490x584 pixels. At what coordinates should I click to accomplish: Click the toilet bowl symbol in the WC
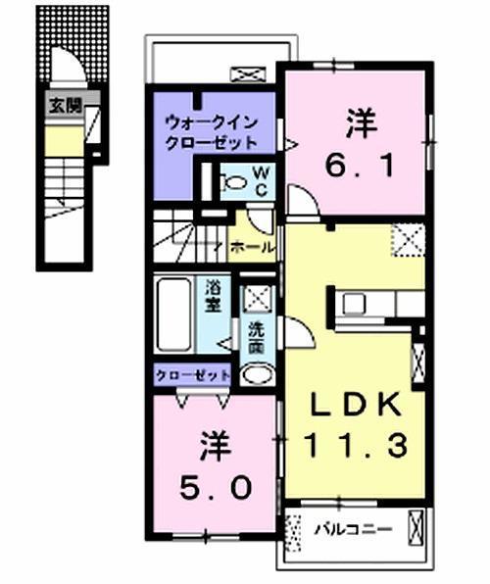(x=235, y=181)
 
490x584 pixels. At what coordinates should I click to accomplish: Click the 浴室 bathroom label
(x=213, y=297)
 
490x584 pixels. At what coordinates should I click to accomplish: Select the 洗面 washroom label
(x=256, y=337)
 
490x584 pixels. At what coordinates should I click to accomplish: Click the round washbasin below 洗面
(x=257, y=373)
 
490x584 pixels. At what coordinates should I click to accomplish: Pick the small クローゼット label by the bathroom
(x=192, y=375)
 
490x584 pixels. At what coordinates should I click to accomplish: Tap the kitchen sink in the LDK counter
(x=354, y=303)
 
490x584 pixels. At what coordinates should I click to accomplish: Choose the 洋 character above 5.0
(x=216, y=443)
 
